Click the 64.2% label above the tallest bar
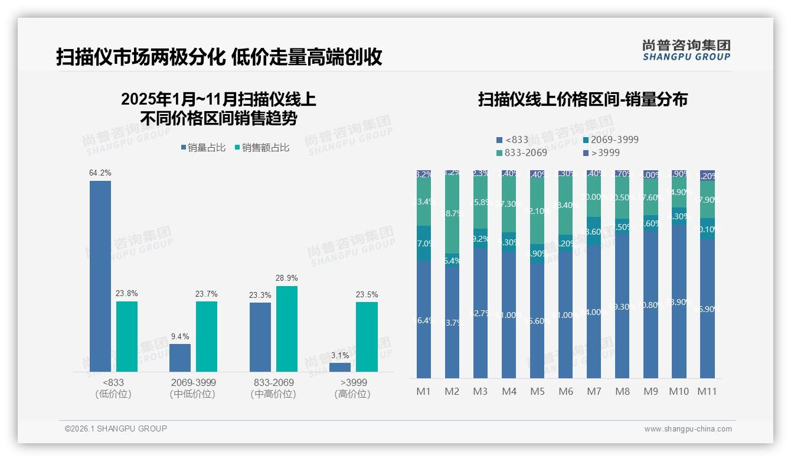100,173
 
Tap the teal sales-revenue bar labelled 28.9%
287,329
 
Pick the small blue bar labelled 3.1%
340,367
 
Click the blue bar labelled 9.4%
180,358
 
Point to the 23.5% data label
367,294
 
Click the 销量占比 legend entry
203,148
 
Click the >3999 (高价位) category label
353,388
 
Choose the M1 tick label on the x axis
423,391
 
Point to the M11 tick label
707,391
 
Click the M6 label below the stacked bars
566,391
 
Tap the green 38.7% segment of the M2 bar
452,214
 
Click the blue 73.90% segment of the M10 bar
678,301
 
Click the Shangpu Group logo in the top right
686,50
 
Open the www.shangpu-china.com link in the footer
688,429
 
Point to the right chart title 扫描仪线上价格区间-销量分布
582,99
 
